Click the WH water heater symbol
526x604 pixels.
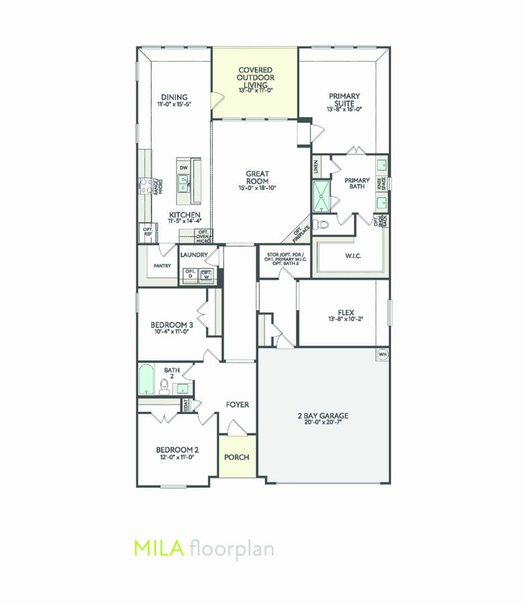click(383, 354)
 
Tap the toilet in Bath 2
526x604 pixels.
click(163, 385)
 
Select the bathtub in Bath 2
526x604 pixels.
click(146, 380)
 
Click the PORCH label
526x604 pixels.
click(237, 457)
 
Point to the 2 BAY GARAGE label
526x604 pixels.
click(323, 415)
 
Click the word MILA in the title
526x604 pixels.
click(159, 548)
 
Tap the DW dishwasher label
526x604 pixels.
click(183, 168)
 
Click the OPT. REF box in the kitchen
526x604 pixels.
click(147, 232)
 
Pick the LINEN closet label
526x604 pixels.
click(316, 167)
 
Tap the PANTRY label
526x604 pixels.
click(162, 266)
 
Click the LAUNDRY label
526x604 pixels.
click(196, 255)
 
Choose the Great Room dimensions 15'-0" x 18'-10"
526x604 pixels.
click(257, 189)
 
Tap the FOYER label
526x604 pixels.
click(237, 405)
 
